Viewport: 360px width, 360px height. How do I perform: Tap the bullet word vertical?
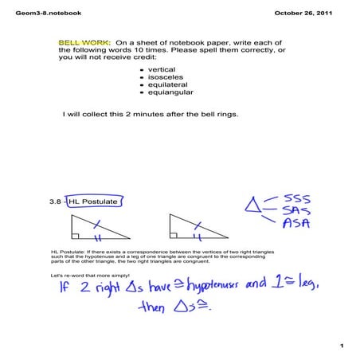pos(161,70)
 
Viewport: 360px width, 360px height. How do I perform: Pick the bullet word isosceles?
pos(164,78)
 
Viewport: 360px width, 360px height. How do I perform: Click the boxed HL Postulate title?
pos(92,202)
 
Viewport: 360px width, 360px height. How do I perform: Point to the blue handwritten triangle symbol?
pos(254,209)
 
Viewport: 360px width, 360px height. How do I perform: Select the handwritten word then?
pos(154,307)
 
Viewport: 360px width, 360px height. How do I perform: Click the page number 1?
pos(340,346)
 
